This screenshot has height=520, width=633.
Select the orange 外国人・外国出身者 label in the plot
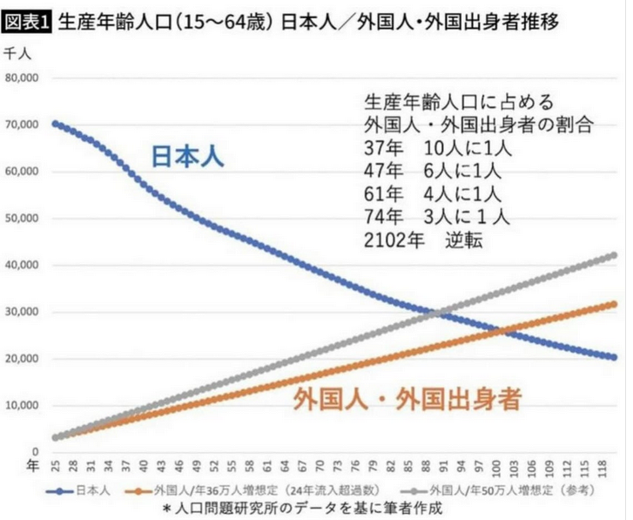click(407, 400)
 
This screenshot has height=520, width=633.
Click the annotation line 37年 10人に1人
click(437, 147)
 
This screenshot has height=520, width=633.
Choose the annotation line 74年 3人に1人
click(437, 215)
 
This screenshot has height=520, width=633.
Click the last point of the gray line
click(613, 256)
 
